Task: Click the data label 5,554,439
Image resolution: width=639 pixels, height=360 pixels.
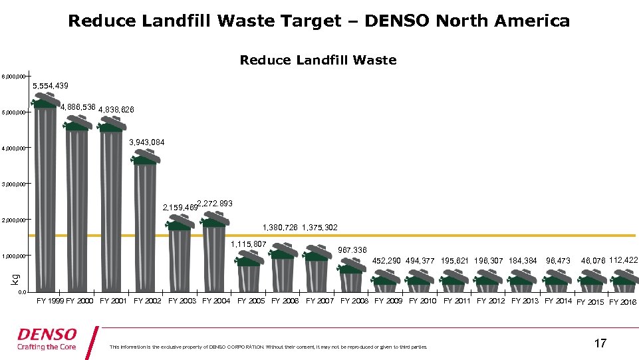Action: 51,87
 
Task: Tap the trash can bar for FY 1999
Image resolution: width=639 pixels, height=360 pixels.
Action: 46,200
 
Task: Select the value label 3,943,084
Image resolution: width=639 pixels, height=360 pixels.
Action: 147,142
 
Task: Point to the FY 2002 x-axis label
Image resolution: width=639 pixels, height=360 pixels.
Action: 148,301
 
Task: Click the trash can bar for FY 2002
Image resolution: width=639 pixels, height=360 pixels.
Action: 146,226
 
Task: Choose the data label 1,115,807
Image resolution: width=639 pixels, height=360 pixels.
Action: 249,244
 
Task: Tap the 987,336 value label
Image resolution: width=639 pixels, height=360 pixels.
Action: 352,250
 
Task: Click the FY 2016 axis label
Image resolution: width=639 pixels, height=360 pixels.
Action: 623,302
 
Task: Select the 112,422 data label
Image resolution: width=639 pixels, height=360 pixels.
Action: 623,260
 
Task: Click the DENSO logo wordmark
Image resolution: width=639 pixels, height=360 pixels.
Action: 47,334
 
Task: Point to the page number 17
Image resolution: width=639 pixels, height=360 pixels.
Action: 600,343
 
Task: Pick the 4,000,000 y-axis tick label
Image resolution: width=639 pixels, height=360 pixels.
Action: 14,148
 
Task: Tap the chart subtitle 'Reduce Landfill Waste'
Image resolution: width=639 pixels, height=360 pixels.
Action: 318,61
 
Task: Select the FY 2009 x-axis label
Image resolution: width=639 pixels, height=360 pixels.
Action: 388,301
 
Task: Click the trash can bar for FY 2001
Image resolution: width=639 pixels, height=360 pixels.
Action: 111,210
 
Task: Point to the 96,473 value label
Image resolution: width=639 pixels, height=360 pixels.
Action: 558,261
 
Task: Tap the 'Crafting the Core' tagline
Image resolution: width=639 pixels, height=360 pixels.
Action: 47,347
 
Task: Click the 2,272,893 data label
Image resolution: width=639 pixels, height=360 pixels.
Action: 215,204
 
